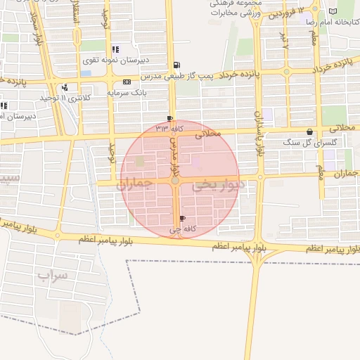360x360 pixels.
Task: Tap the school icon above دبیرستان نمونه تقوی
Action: [x=115, y=49]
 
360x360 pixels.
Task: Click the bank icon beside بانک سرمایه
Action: [x=126, y=82]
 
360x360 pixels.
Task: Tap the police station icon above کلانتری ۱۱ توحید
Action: [x=65, y=87]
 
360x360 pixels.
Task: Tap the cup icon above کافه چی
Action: [x=184, y=219]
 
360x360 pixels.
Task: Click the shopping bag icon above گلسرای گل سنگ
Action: [x=310, y=131]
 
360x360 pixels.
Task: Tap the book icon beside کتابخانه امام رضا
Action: [x=333, y=11]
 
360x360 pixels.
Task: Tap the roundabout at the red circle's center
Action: [x=175, y=181]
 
